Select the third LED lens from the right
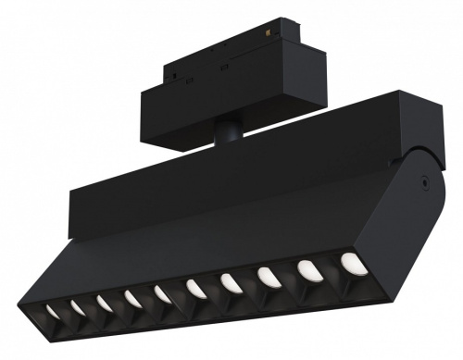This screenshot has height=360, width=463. [268, 277]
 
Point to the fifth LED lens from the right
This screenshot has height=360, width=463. [196, 289]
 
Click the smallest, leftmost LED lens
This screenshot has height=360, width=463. [53, 312]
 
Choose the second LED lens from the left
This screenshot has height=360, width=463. [78, 308]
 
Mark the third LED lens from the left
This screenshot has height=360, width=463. [105, 304]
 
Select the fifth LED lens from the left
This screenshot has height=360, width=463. [164, 294]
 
